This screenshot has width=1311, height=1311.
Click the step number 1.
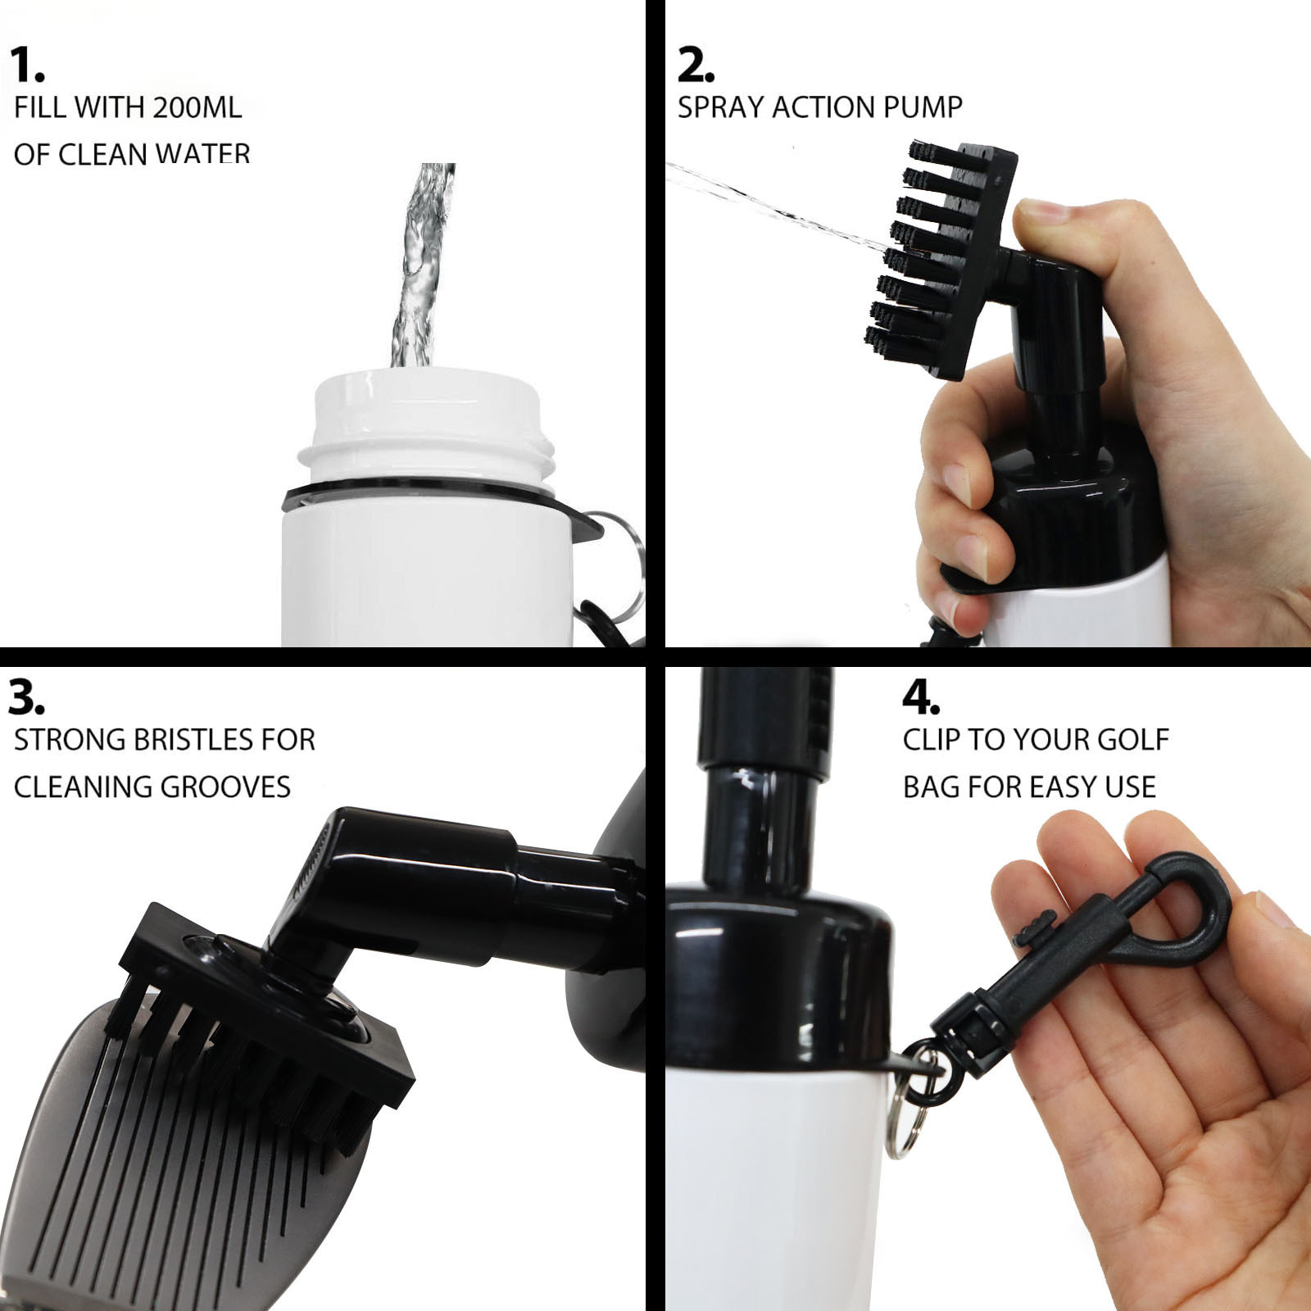point(28,66)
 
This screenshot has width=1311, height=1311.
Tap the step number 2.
point(696,66)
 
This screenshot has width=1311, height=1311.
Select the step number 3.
point(26,698)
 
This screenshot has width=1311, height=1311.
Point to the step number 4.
point(921,698)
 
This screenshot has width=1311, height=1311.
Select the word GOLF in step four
point(1133,740)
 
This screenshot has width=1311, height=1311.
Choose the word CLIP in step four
point(932,740)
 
